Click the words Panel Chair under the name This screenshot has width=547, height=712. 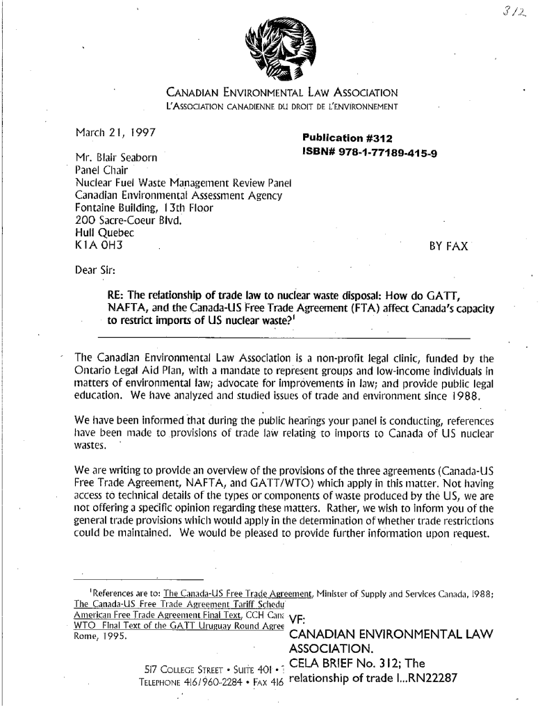tap(100, 171)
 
